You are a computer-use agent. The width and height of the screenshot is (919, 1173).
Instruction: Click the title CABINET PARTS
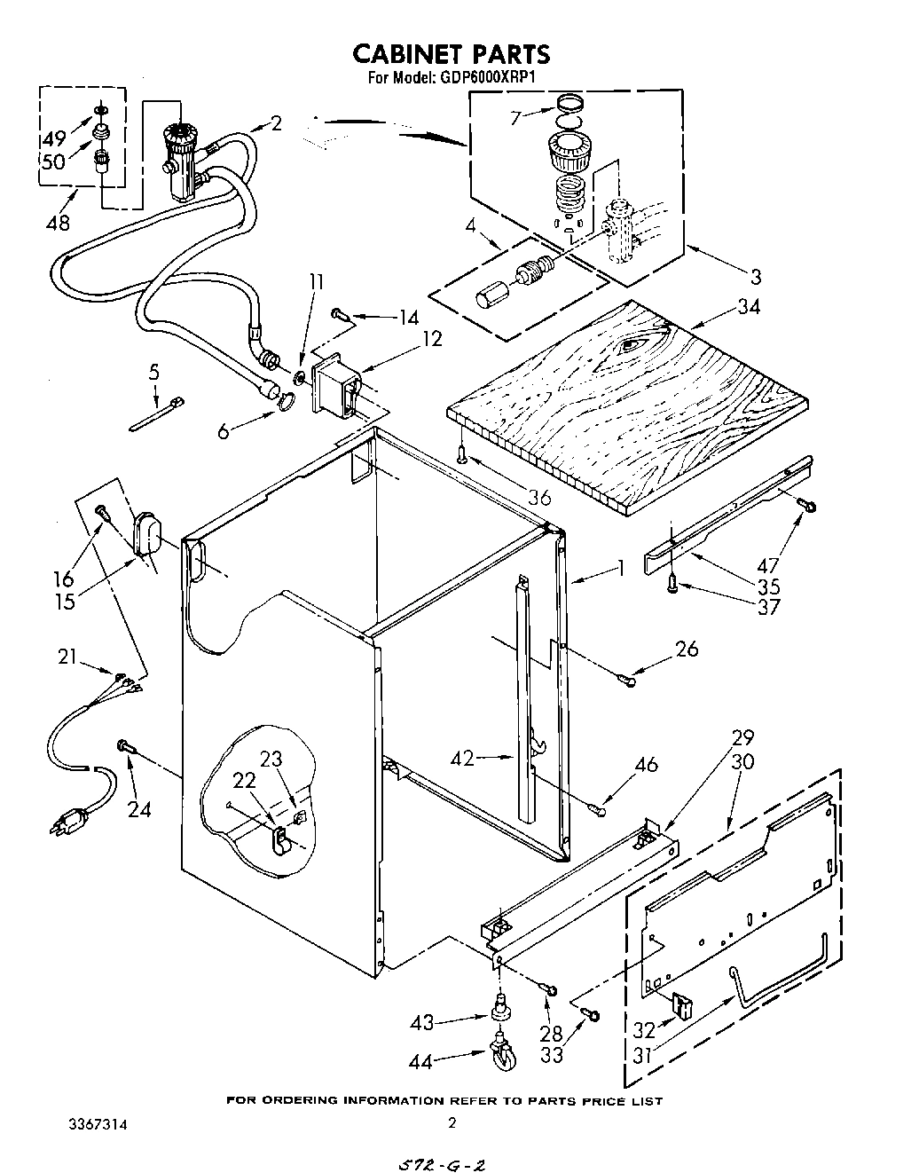[x=452, y=54]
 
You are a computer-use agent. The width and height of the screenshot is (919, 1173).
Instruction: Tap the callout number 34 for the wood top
[x=747, y=308]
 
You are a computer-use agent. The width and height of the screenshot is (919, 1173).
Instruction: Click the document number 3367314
[x=98, y=1123]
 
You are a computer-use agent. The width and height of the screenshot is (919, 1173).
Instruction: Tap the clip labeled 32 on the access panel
[x=684, y=1004]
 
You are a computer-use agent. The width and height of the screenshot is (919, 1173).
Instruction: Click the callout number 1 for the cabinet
[x=621, y=567]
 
